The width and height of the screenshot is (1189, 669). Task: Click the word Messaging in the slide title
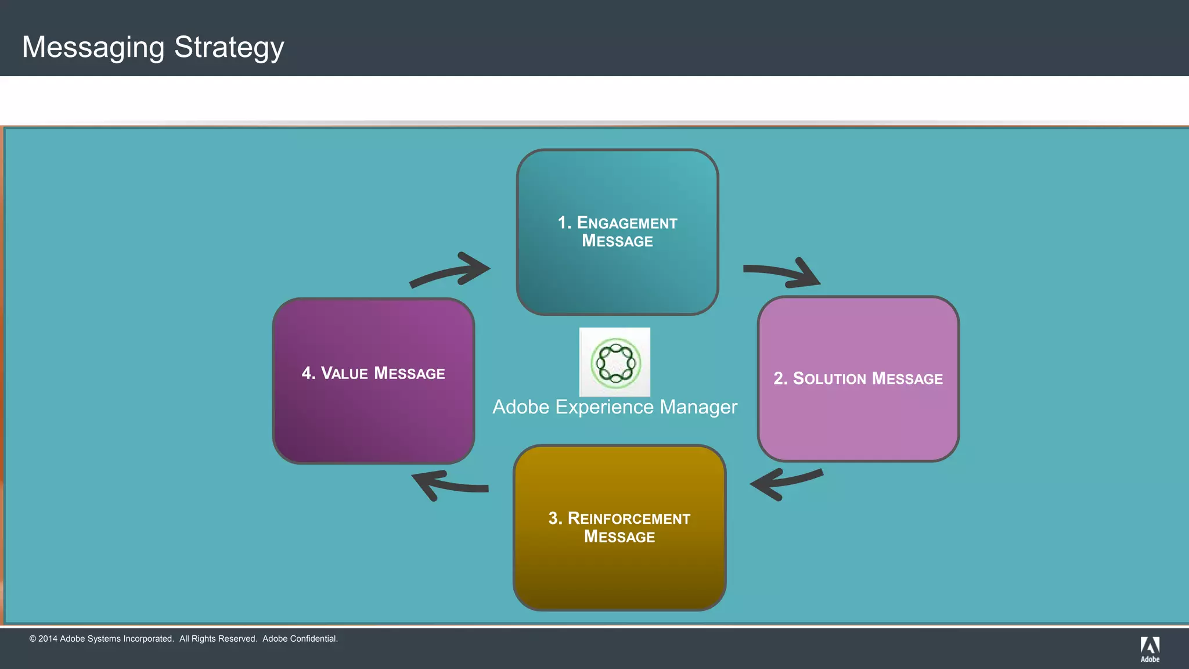[93, 48]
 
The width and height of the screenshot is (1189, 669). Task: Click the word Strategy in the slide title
[229, 48]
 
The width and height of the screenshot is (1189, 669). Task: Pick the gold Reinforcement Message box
[619, 575]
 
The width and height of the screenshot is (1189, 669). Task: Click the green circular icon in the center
[615, 363]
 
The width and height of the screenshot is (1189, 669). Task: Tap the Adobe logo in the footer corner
[1150, 649]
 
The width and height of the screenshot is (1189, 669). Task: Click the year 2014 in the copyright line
[48, 639]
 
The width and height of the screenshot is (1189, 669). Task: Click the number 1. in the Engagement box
[564, 223]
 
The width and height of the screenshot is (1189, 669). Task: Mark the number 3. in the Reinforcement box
[555, 518]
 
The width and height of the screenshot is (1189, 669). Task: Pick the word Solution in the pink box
[830, 379]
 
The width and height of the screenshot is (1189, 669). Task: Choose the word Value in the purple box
[344, 373]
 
